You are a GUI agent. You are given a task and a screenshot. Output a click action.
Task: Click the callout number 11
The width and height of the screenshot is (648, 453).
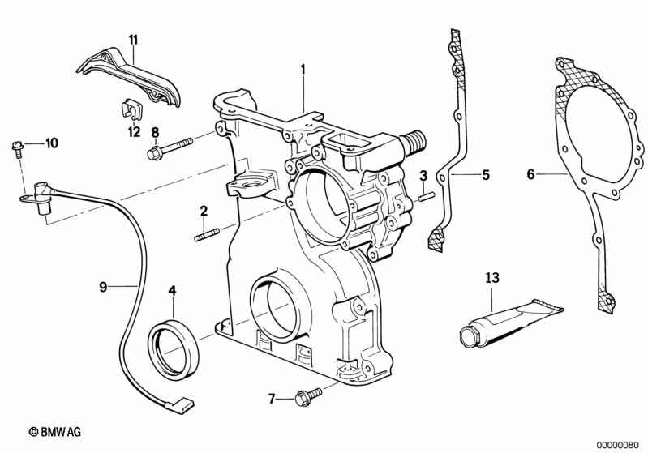[133, 40]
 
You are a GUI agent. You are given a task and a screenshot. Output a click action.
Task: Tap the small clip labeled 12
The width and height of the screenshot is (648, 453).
[132, 109]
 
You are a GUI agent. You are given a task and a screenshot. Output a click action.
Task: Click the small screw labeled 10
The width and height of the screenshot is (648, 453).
[16, 149]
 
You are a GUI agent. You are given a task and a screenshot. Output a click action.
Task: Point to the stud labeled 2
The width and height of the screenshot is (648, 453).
[207, 234]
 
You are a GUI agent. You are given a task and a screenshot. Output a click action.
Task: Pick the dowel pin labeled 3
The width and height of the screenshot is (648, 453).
[425, 196]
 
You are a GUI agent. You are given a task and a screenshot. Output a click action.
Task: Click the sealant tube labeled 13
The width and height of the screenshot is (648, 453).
[512, 322]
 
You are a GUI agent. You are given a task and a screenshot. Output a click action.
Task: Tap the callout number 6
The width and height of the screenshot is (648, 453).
[530, 174]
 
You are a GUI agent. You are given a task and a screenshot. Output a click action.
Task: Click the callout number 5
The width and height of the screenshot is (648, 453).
[486, 175]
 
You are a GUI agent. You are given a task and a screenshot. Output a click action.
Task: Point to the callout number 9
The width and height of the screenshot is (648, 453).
[103, 287]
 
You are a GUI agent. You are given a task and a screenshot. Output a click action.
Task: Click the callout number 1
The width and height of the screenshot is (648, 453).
[303, 69]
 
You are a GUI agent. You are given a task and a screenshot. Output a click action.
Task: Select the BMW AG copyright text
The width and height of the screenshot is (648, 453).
[55, 432]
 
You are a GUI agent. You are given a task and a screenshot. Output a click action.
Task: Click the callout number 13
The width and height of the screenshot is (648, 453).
[492, 278]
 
